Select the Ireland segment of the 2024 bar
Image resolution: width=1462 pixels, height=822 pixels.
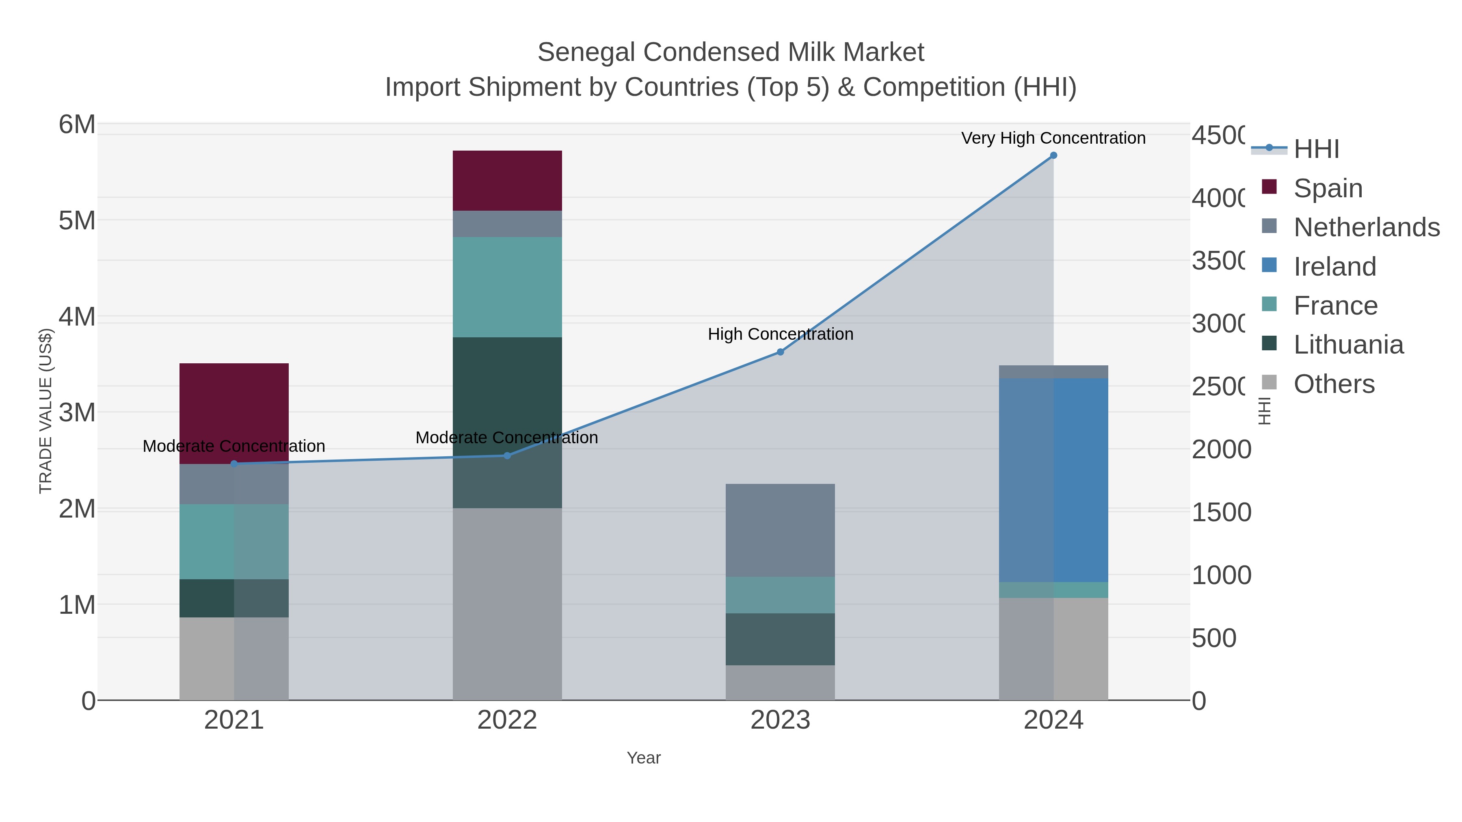(1053, 480)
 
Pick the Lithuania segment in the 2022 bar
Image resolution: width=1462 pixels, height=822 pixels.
(507, 397)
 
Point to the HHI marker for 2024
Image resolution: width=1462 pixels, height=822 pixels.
(1053, 155)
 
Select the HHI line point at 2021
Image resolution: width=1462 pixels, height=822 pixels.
(234, 464)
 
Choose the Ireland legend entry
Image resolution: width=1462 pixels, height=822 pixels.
(1334, 267)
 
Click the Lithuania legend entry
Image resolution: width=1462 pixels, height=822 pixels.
(1348, 345)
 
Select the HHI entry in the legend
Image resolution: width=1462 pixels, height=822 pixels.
(1316, 149)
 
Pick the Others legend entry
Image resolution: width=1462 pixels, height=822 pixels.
(1334, 384)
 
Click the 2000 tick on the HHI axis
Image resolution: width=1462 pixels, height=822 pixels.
(1221, 450)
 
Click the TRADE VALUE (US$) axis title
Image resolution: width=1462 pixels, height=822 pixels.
(45, 411)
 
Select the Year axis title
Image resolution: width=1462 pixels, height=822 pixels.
(644, 758)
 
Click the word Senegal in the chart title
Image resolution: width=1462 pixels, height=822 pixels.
(586, 52)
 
